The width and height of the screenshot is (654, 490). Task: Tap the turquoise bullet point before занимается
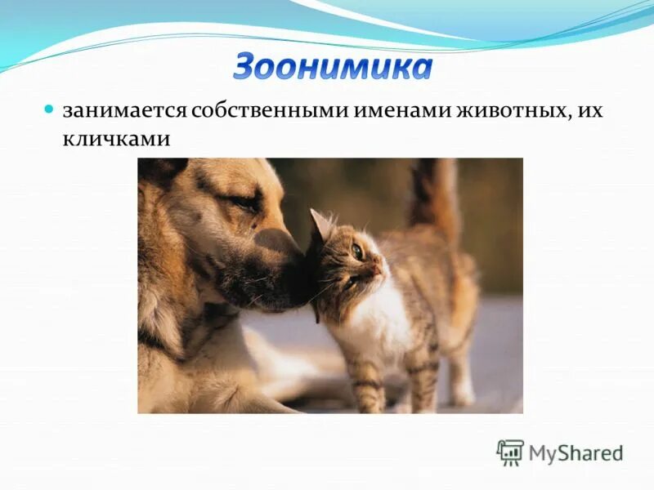(48, 109)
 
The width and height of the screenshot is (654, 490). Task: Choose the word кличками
(116, 139)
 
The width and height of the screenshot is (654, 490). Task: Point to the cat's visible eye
(357, 252)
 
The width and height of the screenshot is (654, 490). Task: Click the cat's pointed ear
(320, 224)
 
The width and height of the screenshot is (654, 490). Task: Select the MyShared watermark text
(576, 453)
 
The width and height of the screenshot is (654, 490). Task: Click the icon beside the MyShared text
(509, 452)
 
